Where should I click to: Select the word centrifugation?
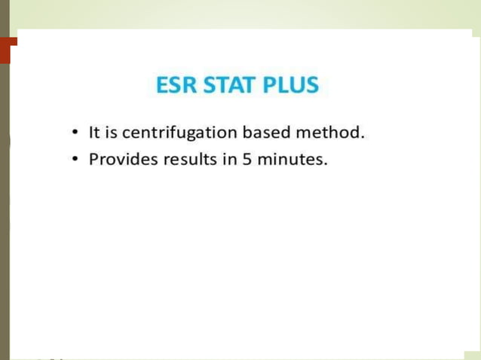click(x=176, y=134)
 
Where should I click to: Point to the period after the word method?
click(x=363, y=138)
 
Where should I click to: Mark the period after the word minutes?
click(x=326, y=165)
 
